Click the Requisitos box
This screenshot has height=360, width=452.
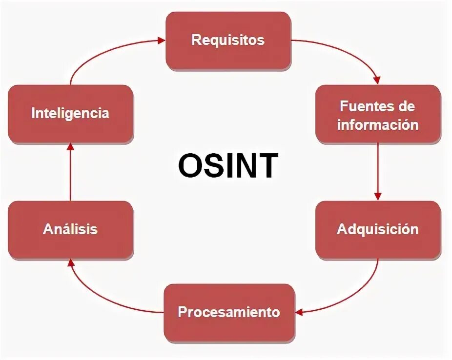click(228, 40)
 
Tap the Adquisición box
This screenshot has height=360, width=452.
click(378, 229)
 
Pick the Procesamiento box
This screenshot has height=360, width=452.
click(229, 312)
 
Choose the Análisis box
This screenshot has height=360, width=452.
click(70, 229)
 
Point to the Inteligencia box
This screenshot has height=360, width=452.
click(70, 114)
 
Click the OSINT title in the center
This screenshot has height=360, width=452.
click(227, 165)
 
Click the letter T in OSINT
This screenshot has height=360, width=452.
click(267, 165)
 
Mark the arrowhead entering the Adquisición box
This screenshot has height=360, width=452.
click(378, 196)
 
